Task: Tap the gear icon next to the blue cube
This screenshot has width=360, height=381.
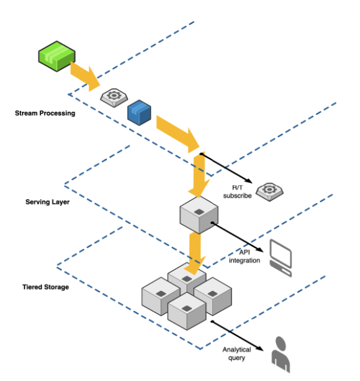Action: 114,97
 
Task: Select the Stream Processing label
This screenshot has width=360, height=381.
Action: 45,114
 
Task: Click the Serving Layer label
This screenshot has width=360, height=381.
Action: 47,202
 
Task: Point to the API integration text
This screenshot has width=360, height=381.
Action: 244,257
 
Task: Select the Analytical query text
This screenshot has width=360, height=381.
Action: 236,353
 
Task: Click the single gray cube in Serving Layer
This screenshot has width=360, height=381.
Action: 198,214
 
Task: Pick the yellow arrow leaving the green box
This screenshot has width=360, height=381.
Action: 85,75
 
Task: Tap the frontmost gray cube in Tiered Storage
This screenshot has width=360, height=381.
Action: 188,312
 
